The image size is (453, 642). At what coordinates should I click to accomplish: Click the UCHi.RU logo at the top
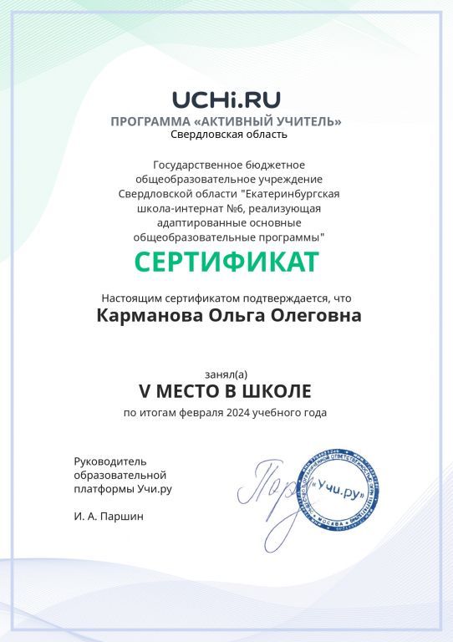(x=226, y=100)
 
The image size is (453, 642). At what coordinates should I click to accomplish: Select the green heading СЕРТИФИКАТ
(x=226, y=262)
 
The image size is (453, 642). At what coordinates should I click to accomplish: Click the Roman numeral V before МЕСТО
(x=143, y=390)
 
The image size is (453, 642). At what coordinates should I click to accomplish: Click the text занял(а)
(x=226, y=373)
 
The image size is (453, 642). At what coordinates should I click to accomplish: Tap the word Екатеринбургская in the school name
(x=290, y=194)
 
